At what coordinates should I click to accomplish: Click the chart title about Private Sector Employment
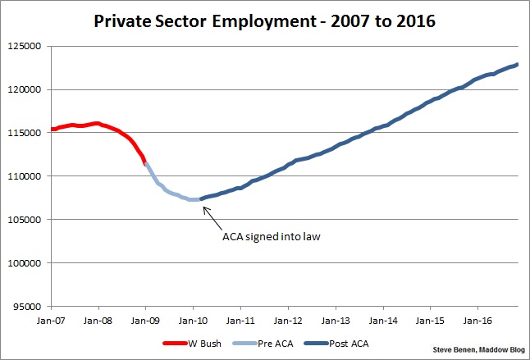(x=265, y=18)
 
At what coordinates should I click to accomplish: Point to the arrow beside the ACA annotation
(x=212, y=216)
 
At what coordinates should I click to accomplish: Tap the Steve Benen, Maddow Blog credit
(x=480, y=350)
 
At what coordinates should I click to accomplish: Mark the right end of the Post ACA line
(x=517, y=65)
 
